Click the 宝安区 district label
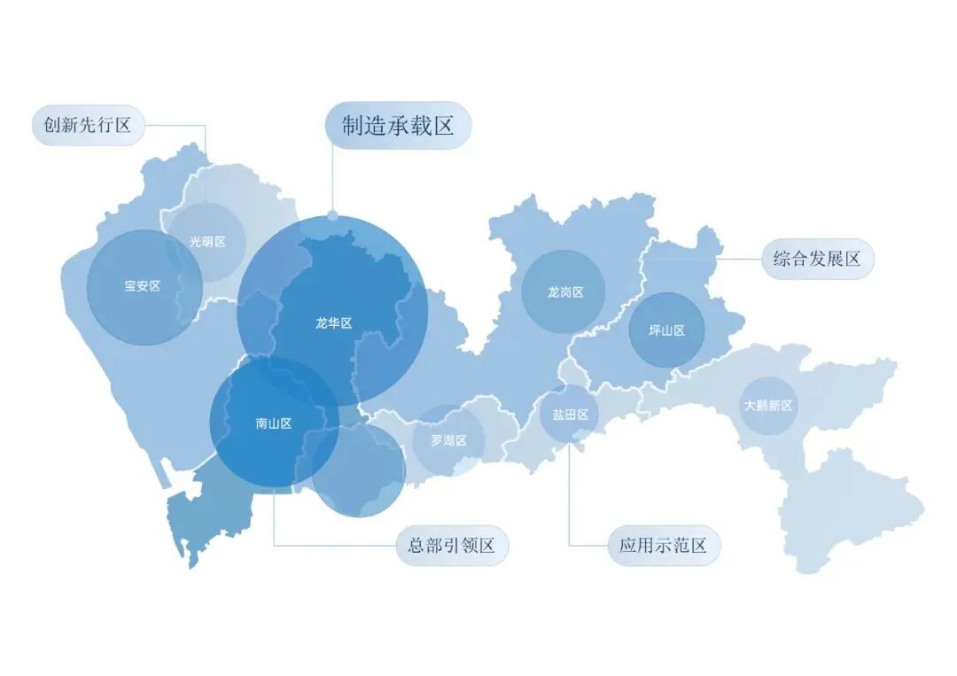point(142,286)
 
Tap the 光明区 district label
point(207,242)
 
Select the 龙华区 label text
point(333,323)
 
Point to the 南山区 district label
point(274,423)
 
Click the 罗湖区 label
point(448,440)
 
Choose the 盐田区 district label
point(570,414)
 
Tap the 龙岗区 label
point(564,291)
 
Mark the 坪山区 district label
point(666,330)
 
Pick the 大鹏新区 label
point(768,406)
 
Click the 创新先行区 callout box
point(88,126)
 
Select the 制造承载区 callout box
point(399,126)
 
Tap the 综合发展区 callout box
point(817,260)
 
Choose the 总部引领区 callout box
point(452,546)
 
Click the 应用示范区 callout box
point(664,546)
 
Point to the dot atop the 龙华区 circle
point(332,215)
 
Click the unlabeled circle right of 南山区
point(359,470)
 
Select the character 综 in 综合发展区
point(782,260)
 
